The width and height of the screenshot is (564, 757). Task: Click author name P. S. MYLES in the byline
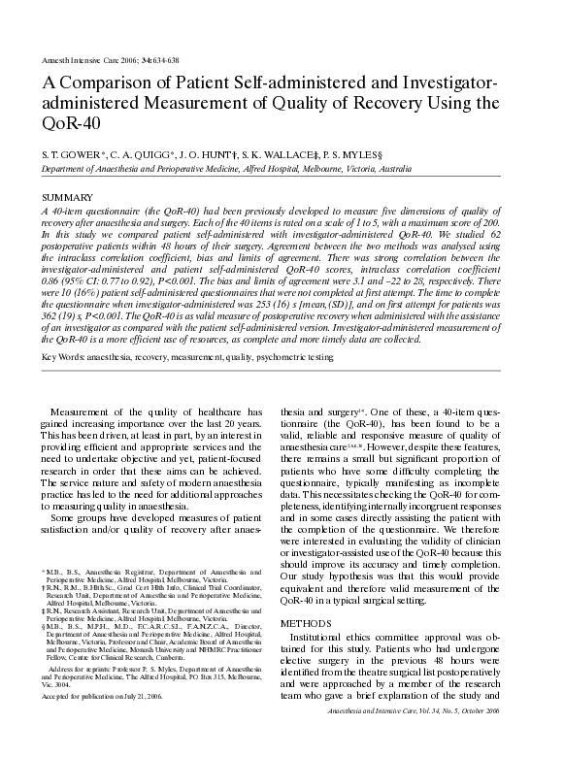pyautogui.click(x=368, y=154)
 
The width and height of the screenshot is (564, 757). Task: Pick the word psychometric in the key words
pyautogui.click(x=281, y=357)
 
